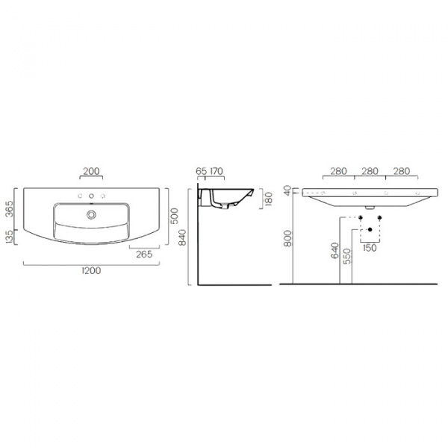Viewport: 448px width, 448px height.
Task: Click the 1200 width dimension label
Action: (91, 270)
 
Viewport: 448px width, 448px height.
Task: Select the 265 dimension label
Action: (144, 255)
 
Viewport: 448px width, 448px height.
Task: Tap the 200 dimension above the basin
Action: (91, 171)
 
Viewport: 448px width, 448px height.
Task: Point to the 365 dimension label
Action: (9, 209)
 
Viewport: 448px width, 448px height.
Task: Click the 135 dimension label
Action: (9, 237)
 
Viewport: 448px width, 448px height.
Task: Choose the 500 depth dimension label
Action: (174, 216)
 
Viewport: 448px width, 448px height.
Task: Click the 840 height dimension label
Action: (182, 237)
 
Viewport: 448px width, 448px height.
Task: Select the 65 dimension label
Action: (201, 171)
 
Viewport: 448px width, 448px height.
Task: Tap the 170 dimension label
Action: (217, 171)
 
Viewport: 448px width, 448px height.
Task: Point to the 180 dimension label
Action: (269, 199)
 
